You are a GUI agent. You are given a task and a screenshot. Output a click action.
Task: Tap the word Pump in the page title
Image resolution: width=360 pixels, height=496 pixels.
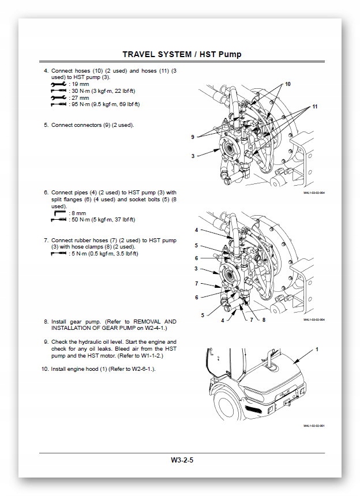228,54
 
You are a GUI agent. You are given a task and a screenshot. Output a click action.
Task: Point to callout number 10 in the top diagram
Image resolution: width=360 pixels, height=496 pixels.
288,84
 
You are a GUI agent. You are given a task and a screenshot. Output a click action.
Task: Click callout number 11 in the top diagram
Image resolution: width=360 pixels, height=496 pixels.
315,107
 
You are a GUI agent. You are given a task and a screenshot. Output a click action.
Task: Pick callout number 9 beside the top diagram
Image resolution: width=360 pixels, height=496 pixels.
193,137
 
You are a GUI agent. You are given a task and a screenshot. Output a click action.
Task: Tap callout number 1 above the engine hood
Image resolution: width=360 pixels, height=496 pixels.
317,350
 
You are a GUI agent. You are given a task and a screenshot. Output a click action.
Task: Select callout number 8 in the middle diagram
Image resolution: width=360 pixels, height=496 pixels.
264,319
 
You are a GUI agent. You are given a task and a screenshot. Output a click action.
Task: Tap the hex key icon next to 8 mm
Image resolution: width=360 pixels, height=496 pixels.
59,213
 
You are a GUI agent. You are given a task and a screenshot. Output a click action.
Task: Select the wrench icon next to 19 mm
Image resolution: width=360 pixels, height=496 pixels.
58,84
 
